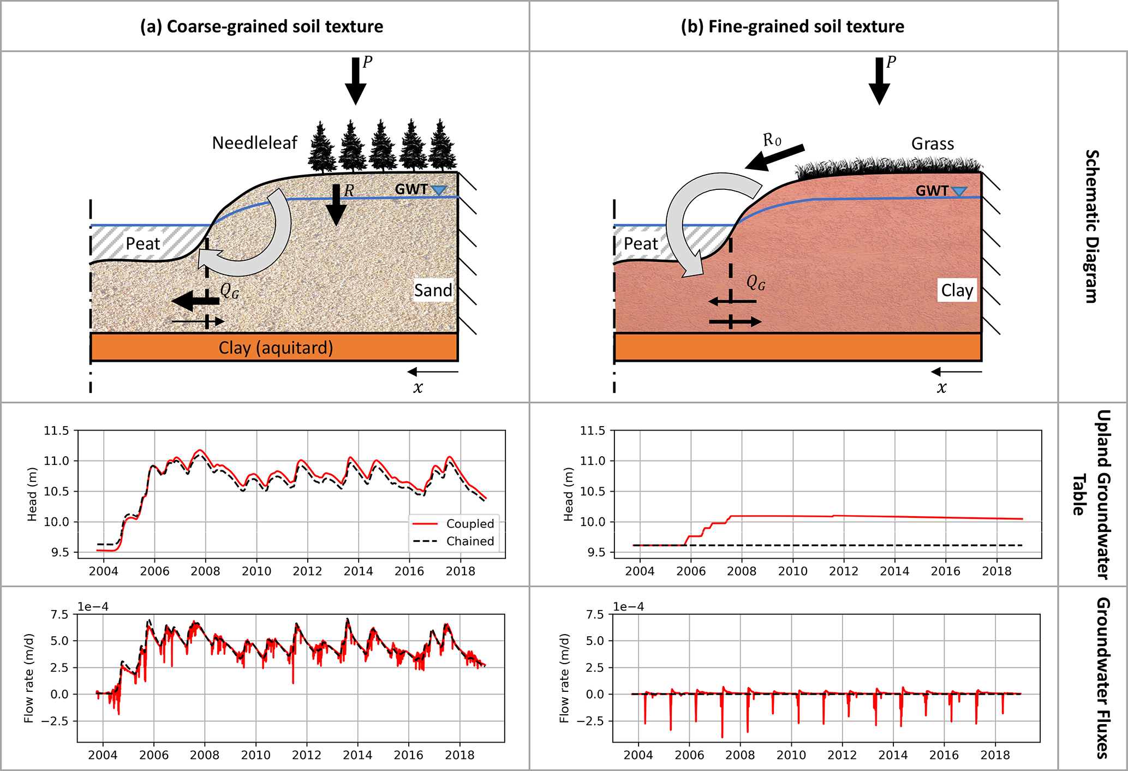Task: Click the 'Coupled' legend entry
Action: tap(469, 524)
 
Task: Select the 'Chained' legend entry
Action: tap(469, 541)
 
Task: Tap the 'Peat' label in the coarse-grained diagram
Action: tap(143, 244)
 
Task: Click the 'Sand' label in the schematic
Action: tap(433, 290)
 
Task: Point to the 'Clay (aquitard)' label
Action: tap(276, 348)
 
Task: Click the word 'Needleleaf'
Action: tap(254, 144)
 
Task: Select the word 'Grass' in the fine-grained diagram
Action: tap(933, 144)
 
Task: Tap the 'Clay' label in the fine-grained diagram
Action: tap(957, 291)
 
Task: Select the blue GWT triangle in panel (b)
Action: tap(959, 192)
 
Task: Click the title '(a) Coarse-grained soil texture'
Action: tap(261, 27)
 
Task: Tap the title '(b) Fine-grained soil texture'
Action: tap(792, 27)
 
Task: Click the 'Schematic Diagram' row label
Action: tap(1091, 226)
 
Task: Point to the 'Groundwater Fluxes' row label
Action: tap(1103, 678)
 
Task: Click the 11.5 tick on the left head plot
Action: tap(57, 431)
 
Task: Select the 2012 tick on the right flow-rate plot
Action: tap(842, 755)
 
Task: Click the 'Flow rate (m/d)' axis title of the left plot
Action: tap(29, 678)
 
